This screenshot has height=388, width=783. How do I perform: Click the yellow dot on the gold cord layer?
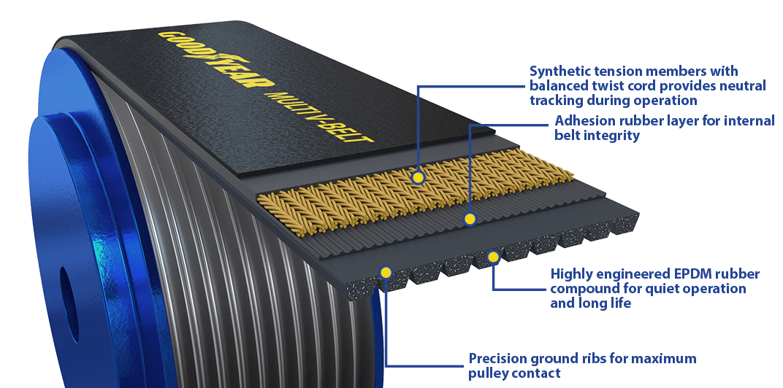pyautogui.click(x=418, y=177)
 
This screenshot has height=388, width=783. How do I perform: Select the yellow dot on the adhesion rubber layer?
pyautogui.click(x=470, y=219)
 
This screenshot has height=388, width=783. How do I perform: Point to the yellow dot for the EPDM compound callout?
pyautogui.click(x=493, y=257)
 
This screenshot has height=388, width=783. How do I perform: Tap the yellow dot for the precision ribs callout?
pyautogui.click(x=386, y=272)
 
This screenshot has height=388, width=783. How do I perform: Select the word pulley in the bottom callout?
pyautogui.click(x=489, y=373)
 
